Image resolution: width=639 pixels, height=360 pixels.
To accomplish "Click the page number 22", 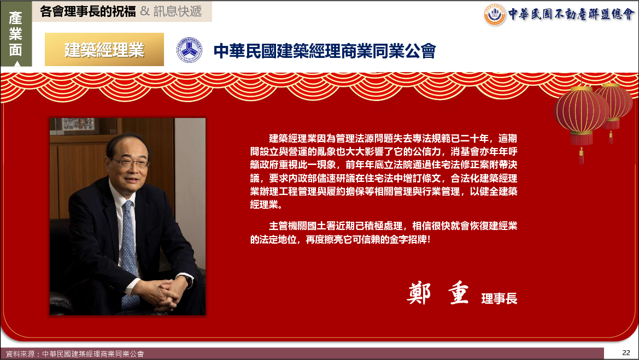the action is point(626,353).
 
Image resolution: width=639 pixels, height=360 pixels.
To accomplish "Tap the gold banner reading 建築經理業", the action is point(104,49).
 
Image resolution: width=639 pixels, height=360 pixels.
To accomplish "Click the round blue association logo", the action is point(189,50).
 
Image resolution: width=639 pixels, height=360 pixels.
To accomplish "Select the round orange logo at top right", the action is point(494,15).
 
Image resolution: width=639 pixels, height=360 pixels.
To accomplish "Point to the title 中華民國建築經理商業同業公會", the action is point(324,51).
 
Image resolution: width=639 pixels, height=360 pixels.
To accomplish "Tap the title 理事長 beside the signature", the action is point(499,298).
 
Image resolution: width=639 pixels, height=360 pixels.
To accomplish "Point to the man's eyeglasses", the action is point(129,163).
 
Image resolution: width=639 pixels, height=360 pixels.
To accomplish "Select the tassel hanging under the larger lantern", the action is point(581,156).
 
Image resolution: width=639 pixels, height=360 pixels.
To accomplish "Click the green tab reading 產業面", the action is point(15,34).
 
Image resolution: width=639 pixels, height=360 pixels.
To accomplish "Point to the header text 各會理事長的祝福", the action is point(87,11).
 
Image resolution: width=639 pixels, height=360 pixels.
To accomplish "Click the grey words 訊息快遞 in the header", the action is point(178,11).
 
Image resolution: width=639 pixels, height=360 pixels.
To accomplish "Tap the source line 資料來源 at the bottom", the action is point(74,354).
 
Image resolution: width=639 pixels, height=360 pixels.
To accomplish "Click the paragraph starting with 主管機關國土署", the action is point(384,233).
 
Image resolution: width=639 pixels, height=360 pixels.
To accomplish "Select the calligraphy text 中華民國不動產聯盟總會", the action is point(571,14).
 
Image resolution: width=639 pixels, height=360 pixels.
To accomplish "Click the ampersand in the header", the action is point(145,11).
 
